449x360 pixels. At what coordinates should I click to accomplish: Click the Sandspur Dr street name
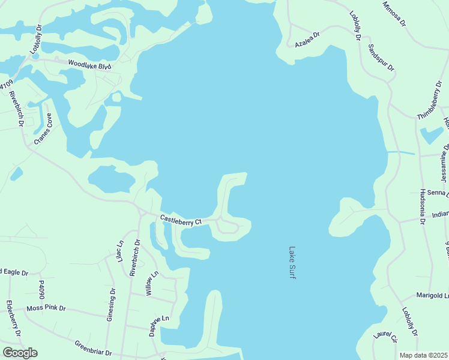coord(381,58)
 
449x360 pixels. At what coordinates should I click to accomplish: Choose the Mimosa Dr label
coord(394,13)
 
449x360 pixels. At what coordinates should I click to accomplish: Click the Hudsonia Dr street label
coord(423,207)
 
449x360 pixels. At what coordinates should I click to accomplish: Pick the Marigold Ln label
coord(433,296)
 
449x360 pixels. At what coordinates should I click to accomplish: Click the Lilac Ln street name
coord(120,251)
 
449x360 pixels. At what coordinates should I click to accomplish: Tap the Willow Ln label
coord(151,283)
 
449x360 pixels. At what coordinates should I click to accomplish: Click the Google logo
coord(20,353)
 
